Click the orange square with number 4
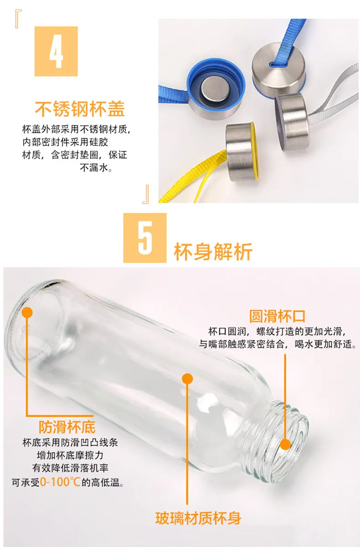56,51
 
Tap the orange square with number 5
145,238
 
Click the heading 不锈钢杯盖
80,109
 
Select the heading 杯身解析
213,252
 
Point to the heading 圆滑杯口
277,316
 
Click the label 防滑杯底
67,427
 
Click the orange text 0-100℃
60,482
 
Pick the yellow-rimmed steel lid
242,151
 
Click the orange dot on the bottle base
27,312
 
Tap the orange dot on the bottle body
187,379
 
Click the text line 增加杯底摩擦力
70,455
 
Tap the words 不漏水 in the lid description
93,168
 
